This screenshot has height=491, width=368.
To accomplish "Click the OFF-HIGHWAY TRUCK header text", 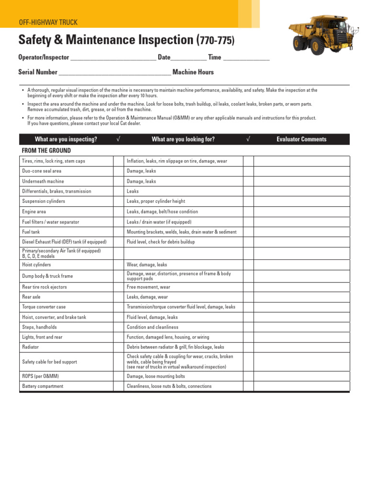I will click(x=48, y=23).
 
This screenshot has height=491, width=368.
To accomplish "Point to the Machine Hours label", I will click(x=193, y=72).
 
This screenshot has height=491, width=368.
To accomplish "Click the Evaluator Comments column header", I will click(x=301, y=140).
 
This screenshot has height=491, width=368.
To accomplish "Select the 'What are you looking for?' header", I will click(x=183, y=140).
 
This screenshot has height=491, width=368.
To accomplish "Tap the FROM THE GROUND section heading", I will click(x=46, y=151).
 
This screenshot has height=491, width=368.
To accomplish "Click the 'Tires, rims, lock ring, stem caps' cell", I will click(x=54, y=161).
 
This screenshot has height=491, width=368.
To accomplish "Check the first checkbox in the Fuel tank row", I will click(x=118, y=232).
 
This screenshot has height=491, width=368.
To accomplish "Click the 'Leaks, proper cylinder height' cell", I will click(x=156, y=201).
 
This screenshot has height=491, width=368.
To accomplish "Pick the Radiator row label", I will click(x=31, y=347).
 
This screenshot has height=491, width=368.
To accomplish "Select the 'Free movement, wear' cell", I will click(x=149, y=287).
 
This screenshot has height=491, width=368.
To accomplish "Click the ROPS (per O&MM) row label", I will click(x=41, y=376).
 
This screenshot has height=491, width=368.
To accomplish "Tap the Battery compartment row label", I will click(x=43, y=386).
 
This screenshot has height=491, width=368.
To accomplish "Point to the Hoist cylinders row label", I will click(x=36, y=265).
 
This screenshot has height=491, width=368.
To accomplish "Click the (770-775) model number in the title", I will click(x=216, y=41).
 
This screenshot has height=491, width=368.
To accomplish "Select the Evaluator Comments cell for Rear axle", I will click(x=301, y=297).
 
